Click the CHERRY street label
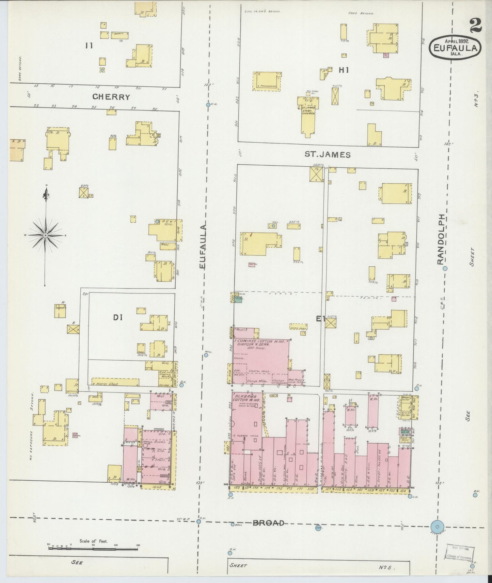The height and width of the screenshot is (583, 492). click(x=111, y=97)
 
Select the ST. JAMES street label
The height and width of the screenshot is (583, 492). click(x=327, y=155)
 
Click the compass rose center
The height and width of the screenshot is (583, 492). click(x=45, y=235)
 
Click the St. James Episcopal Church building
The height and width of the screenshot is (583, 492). click(x=308, y=116)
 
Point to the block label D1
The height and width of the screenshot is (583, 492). click(x=117, y=318)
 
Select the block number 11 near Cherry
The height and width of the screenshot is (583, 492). click(x=89, y=46)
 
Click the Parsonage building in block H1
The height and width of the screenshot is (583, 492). click(x=267, y=81)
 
